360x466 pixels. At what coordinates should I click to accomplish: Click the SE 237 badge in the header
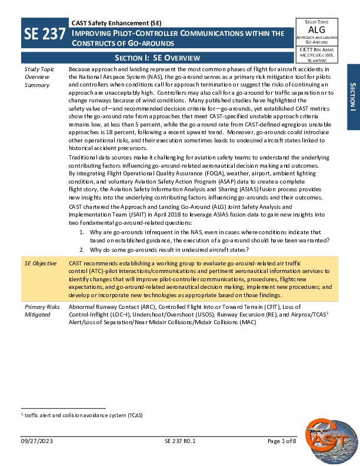(44, 35)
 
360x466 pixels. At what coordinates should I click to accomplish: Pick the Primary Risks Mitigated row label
(41, 311)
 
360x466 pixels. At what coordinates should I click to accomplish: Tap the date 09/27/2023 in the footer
(36, 441)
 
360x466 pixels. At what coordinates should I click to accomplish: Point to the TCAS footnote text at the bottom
(82, 415)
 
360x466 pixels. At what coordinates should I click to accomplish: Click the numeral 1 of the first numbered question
(81, 232)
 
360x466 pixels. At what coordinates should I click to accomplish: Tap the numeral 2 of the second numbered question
(81, 250)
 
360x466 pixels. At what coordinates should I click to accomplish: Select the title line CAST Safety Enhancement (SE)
(116, 23)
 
